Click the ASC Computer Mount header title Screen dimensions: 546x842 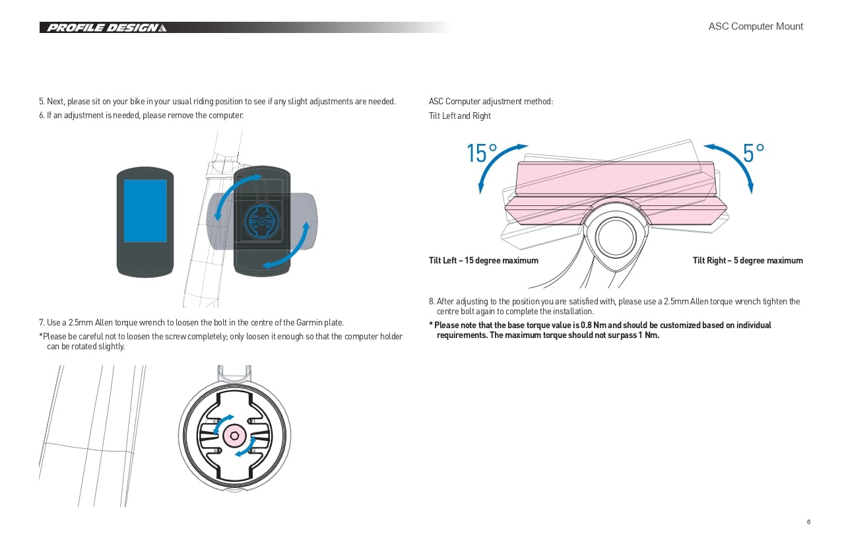756,26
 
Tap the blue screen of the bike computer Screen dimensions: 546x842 145,211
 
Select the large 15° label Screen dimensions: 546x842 482,153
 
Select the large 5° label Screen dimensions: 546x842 753,153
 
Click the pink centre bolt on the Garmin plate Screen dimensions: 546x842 234,435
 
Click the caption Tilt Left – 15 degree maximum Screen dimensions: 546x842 483,261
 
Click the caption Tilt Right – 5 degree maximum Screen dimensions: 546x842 748,261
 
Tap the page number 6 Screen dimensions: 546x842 808,522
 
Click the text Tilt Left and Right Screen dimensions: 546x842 460,116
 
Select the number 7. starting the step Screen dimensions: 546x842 42,323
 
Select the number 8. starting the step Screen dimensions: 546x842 432,302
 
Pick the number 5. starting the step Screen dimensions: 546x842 42,102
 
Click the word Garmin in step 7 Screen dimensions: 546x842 303,323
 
